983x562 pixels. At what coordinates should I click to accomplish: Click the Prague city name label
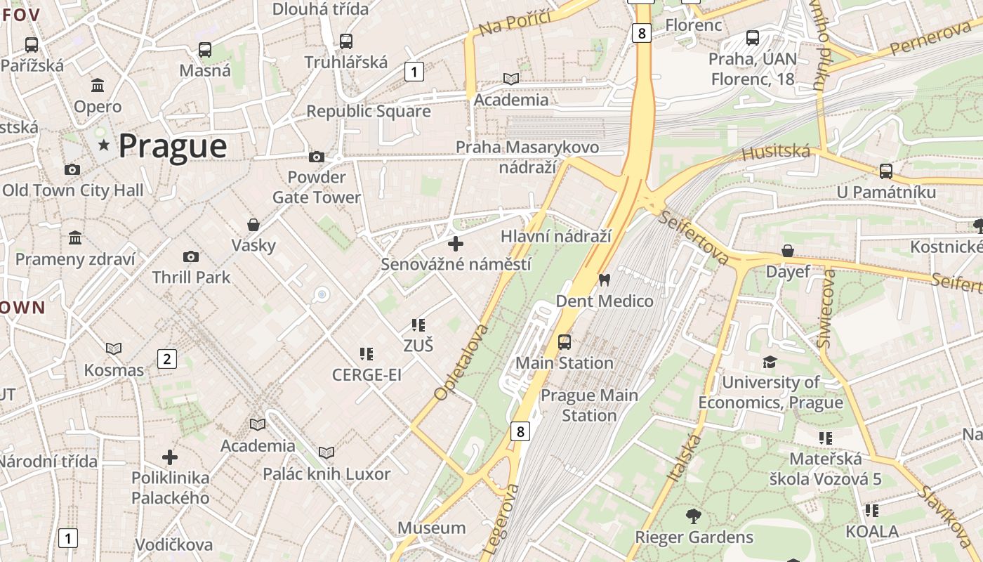(172, 146)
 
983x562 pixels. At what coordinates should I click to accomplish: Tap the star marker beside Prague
(104, 145)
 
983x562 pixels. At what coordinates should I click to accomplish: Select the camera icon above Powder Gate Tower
(317, 157)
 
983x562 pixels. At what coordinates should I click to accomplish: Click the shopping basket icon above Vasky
(253, 225)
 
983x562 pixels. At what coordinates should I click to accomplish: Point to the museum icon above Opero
(98, 86)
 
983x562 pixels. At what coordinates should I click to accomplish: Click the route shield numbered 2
(166, 359)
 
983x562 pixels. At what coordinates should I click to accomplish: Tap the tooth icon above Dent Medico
(603, 280)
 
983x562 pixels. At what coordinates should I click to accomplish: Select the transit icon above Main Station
(564, 342)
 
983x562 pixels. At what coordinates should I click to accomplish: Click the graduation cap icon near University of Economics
(770, 362)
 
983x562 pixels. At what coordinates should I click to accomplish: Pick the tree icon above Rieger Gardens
(693, 516)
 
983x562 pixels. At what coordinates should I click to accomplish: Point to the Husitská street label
(776, 152)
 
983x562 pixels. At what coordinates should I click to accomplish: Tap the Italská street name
(684, 458)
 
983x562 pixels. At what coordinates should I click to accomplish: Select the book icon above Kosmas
(114, 348)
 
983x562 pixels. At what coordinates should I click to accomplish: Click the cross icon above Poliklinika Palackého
(169, 457)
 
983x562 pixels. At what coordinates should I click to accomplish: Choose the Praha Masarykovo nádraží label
(527, 157)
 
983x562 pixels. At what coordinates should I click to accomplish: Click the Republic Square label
(369, 111)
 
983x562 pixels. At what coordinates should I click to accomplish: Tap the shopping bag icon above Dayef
(788, 251)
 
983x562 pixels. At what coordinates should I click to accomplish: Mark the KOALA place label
(871, 531)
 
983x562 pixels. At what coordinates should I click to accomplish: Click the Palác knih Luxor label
(326, 474)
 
